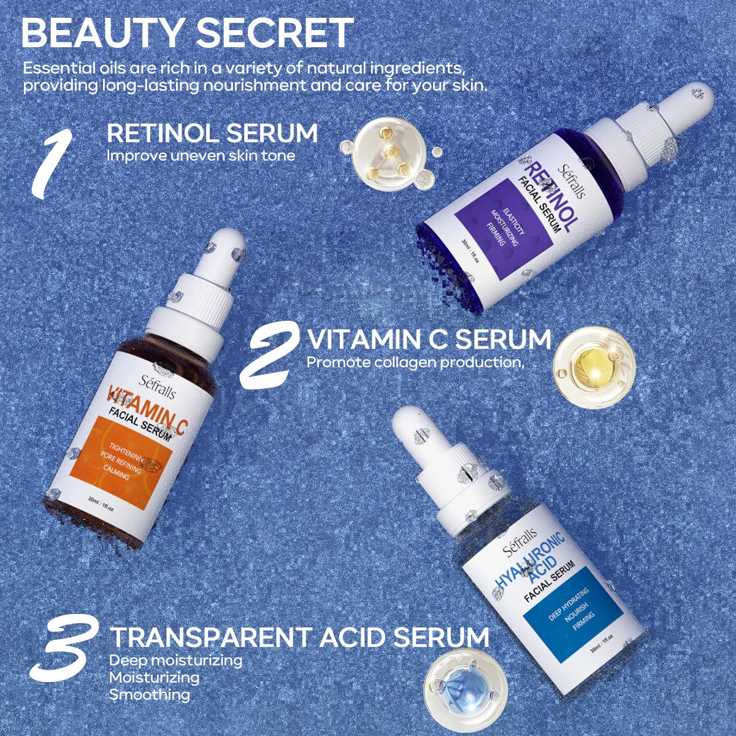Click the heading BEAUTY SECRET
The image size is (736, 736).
187,33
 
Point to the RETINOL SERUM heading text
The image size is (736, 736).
212,133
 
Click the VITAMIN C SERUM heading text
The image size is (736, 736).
429,339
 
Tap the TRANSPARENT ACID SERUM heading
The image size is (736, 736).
299,637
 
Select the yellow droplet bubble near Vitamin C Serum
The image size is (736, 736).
585,368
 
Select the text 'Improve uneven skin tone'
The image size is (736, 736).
201,156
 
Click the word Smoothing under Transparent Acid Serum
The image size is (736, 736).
150,695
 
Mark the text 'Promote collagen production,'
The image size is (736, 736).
415,362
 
